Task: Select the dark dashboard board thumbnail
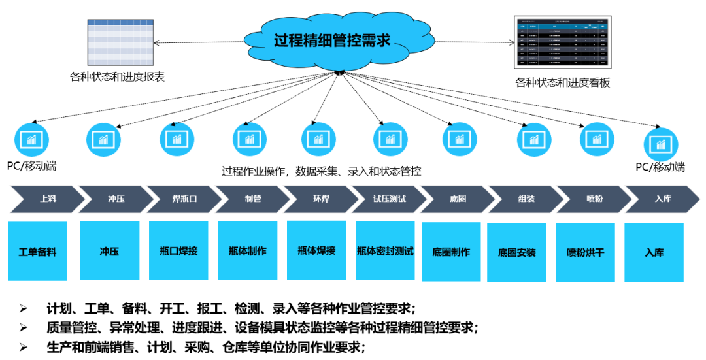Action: pos(562,43)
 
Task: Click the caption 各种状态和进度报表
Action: pos(117,76)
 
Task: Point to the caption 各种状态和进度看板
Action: pos(563,83)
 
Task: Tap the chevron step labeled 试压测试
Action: pos(389,199)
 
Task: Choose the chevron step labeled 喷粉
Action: pos(594,199)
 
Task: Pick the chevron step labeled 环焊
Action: pos(321,199)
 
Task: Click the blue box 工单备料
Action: pos(37,252)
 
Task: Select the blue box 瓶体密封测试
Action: pos(385,252)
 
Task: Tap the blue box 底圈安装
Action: pos(516,252)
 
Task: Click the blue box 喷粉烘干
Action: pos(585,252)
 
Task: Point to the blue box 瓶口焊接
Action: pos(178,251)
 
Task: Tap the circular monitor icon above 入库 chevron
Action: pos(661,144)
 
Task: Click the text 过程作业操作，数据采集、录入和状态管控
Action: pos(321,172)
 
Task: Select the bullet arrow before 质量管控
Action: pos(24,327)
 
